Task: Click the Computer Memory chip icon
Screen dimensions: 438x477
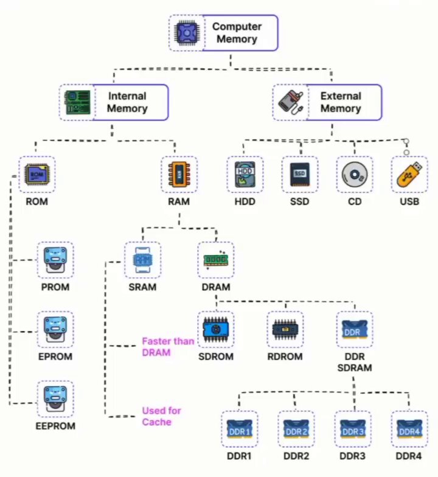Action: pos(187,33)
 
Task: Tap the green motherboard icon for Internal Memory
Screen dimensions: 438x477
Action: pos(77,102)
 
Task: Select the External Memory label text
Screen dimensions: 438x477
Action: pos(341,102)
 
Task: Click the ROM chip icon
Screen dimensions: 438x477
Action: pos(36,174)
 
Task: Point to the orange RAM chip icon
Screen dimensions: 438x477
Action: pos(179,174)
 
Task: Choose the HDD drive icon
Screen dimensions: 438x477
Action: pos(245,174)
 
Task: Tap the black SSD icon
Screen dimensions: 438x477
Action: pos(299,174)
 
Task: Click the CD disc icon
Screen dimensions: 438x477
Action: pos(354,175)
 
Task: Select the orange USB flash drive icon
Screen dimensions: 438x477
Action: pos(409,174)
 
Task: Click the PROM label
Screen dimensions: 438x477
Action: pos(55,287)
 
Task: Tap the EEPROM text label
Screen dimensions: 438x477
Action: pos(55,426)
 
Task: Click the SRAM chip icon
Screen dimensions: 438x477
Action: pos(142,260)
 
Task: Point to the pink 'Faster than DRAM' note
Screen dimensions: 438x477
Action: pos(168,347)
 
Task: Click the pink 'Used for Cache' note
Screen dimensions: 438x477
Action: pos(162,416)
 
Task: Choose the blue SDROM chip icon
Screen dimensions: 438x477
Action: pos(215,330)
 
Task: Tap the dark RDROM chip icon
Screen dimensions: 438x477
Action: pos(285,330)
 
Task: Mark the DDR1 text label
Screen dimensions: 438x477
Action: pos(240,456)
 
